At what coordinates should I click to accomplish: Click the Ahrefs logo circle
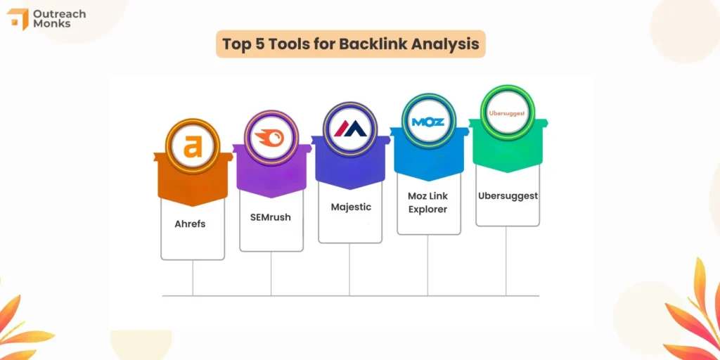(192, 146)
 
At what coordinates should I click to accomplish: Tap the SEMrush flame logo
(271, 138)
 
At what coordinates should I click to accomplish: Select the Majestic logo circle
(349, 129)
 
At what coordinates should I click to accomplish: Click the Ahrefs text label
(192, 225)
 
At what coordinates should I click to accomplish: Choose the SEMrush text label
(271, 217)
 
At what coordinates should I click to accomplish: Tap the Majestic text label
(350, 207)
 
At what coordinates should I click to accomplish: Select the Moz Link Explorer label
(428, 202)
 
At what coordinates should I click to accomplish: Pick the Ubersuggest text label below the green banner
(507, 196)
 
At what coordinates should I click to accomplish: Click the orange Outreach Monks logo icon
(18, 19)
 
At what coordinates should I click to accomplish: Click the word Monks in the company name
(51, 25)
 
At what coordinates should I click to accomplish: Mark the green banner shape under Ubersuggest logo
(507, 150)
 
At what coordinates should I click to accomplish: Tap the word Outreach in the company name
(61, 13)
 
